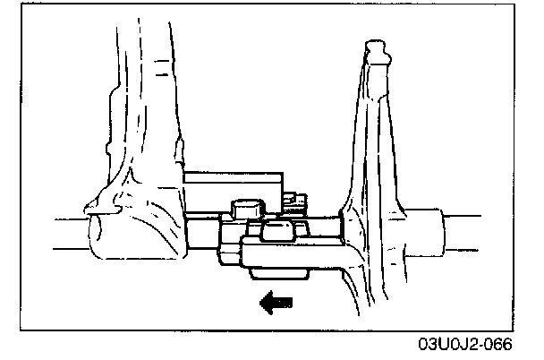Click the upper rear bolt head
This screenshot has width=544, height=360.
[x=244, y=208]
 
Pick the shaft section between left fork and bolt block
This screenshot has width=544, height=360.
[x=200, y=235]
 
